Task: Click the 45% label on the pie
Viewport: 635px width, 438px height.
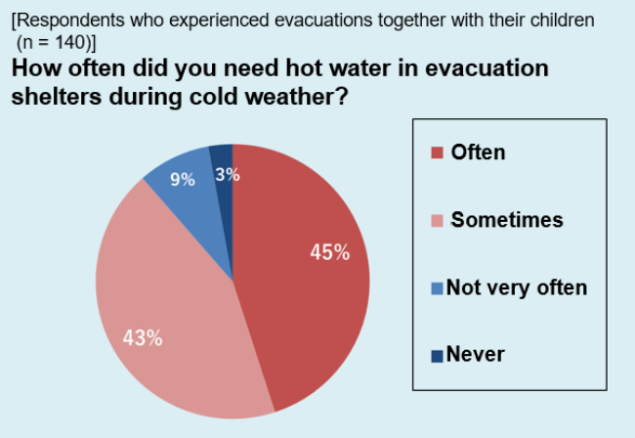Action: [329, 252]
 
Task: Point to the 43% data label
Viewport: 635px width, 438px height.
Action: [143, 337]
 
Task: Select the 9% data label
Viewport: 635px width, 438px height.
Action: [183, 179]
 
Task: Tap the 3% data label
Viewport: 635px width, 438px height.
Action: [228, 175]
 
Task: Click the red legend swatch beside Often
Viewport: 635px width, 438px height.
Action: [437, 153]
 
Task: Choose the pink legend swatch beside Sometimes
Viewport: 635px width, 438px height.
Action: [437, 220]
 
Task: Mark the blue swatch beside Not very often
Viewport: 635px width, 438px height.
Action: [437, 288]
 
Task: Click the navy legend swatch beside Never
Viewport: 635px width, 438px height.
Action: [437, 356]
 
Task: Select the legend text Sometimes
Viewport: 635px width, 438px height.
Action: [507, 220]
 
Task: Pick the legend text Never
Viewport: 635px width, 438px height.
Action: [476, 354]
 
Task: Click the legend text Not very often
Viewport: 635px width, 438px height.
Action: [517, 287]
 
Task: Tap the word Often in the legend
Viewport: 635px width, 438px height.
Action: [479, 153]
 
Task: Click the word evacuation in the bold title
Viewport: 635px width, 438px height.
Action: [487, 67]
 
